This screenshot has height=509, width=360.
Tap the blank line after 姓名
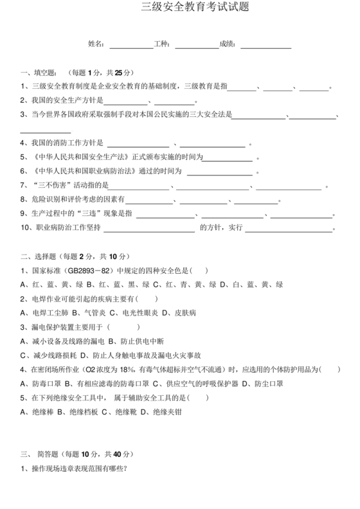click(x=131, y=45)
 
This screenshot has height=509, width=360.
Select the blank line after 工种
click(x=196, y=45)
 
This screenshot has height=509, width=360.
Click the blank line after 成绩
click(x=265, y=45)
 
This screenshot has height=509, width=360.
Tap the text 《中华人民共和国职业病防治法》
click(x=84, y=171)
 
